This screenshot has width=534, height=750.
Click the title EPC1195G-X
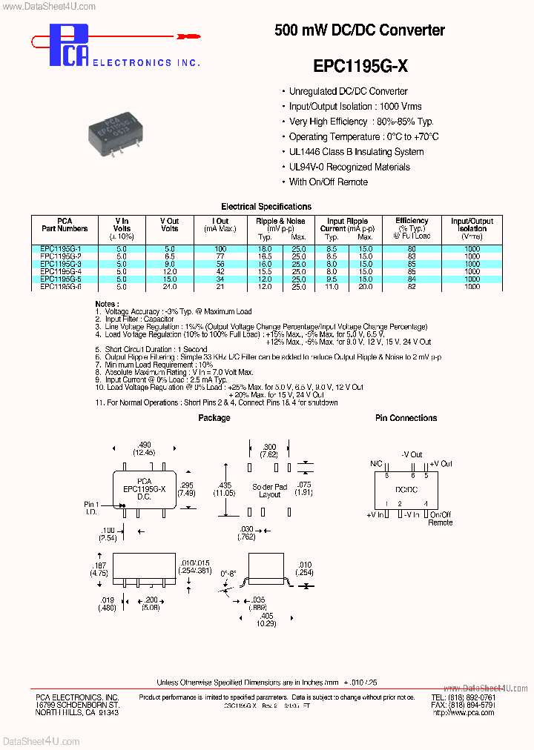point(360,66)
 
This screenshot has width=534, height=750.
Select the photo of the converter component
point(130,130)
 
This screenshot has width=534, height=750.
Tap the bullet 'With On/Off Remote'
point(328,182)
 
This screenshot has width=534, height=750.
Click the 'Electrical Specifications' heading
point(266,207)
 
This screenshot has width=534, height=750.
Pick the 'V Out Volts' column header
point(170,225)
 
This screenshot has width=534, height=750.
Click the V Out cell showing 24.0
point(170,286)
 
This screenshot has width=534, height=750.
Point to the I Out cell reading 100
point(220,248)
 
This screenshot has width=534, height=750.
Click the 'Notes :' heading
point(107,305)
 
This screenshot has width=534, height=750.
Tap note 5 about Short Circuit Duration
point(155,349)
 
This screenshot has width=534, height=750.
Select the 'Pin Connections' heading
point(406,418)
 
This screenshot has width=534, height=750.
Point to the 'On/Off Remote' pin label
point(440,518)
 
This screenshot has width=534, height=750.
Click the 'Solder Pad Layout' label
point(266,490)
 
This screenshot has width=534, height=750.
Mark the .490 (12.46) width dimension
point(144,448)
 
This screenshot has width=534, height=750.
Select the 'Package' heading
point(214,418)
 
